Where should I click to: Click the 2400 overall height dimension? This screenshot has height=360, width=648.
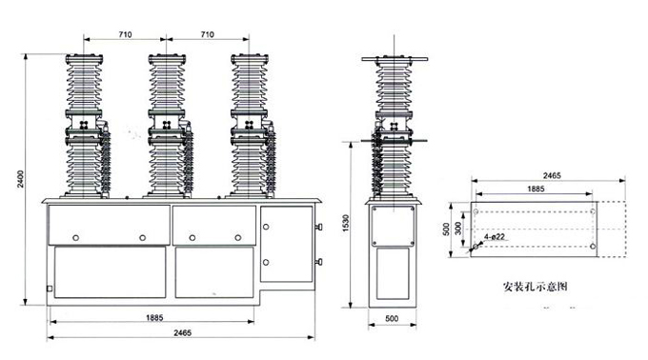point(21,179)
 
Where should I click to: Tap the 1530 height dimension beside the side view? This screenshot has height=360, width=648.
point(346,224)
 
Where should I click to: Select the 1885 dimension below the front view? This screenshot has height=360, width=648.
point(154,317)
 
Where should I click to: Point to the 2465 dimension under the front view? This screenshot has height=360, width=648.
point(182,332)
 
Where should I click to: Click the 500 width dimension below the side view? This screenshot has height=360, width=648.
point(392,318)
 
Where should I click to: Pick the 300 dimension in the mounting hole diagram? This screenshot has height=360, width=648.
point(458,229)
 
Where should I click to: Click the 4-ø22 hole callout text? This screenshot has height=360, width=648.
point(495,237)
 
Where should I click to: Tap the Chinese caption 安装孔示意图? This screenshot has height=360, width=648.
point(536,286)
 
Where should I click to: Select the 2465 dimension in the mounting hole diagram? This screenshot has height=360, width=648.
point(552,175)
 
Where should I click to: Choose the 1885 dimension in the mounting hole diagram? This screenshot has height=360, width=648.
point(536,189)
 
